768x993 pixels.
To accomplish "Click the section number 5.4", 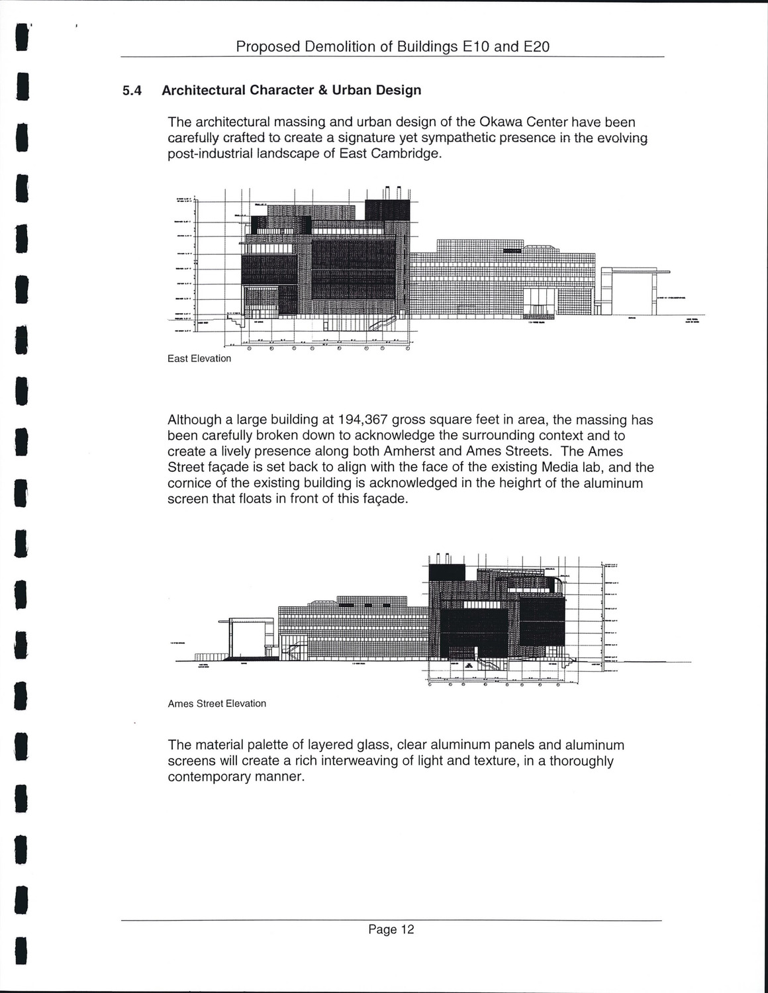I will pos(132,90).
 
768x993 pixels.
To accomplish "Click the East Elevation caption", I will pos(199,359).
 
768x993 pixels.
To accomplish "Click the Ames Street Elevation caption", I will pos(217,704).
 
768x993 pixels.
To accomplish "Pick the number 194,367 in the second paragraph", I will pos(363,420).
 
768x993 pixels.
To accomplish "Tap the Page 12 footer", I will pos(391,929).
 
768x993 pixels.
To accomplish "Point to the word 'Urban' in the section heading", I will pos(352,90).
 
